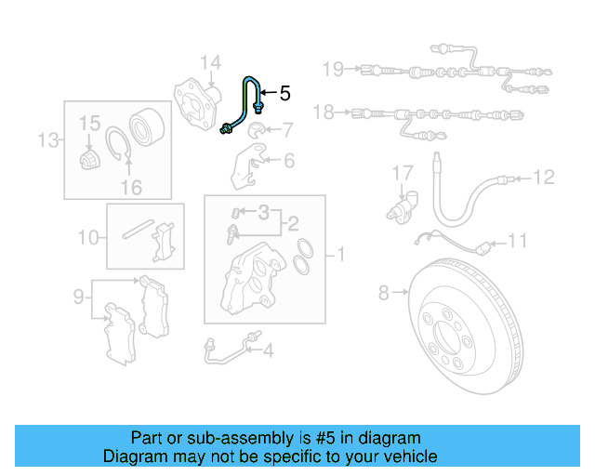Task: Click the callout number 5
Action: [284, 93]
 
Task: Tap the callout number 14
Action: [211, 63]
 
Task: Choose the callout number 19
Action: [333, 68]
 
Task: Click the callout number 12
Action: [544, 176]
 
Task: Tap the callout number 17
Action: [401, 173]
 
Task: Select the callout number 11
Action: [517, 241]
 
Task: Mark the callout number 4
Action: [268, 350]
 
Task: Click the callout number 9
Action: [79, 297]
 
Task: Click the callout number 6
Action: [288, 161]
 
